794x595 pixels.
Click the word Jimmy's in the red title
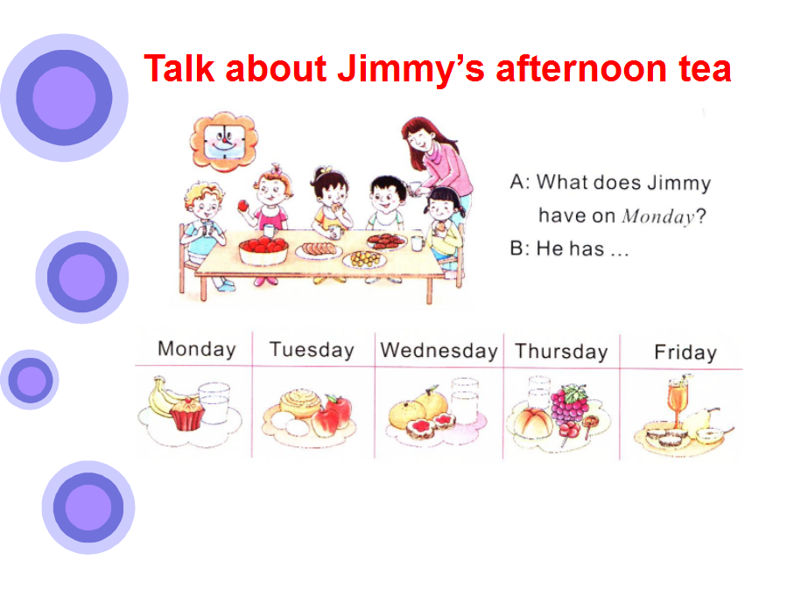click(x=411, y=68)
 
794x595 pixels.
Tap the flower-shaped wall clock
click(x=223, y=141)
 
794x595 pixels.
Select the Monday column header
click(x=196, y=349)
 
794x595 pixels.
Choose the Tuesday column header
click(x=312, y=350)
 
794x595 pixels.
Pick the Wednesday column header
click(x=439, y=351)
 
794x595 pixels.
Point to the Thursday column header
click(x=561, y=352)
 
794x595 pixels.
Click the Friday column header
click(x=685, y=353)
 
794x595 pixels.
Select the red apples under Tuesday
click(x=332, y=416)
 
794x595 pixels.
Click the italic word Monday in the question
click(x=657, y=216)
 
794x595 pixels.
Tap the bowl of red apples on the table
click(x=263, y=250)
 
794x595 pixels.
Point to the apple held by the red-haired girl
click(x=243, y=206)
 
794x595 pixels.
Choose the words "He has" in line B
click(x=570, y=248)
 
